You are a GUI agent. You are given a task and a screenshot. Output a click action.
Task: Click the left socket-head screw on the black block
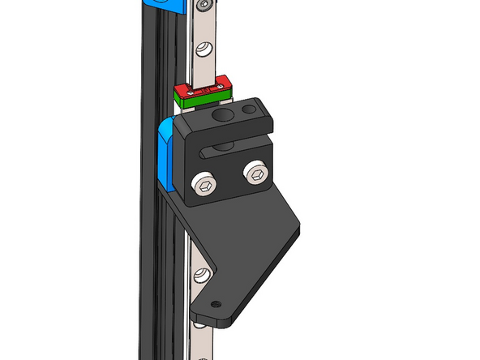(x=204, y=186)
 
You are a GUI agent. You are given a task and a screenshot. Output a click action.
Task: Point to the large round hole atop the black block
(x=220, y=118)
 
